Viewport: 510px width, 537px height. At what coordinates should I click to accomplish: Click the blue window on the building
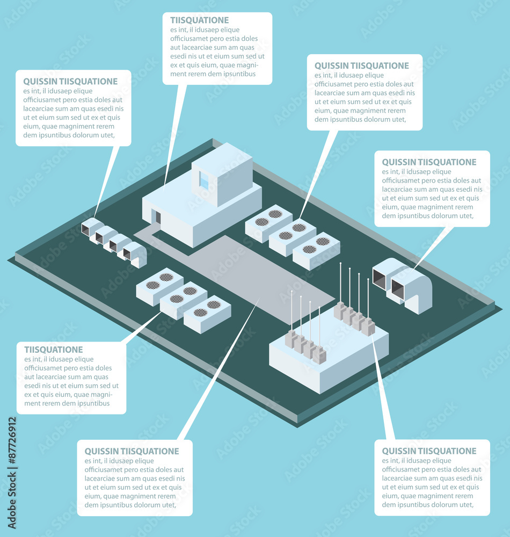(x=204, y=180)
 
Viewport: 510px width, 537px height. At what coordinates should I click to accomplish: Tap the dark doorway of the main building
(x=158, y=217)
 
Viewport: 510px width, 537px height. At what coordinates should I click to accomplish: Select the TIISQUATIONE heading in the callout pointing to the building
(x=200, y=20)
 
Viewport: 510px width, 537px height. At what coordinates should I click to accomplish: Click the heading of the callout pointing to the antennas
(x=429, y=451)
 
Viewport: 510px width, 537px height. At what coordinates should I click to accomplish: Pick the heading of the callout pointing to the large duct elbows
(x=429, y=162)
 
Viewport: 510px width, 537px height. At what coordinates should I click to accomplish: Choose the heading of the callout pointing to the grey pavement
(x=132, y=452)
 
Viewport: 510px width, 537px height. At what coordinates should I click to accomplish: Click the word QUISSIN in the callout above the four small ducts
(x=40, y=82)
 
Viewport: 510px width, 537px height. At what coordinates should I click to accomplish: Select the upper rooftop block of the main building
(x=222, y=175)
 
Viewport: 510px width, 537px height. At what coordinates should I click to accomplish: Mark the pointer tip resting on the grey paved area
(x=259, y=299)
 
